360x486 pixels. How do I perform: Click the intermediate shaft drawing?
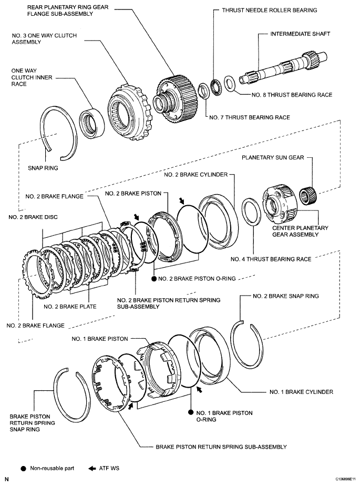point(279,68)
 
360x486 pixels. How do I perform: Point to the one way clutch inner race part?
point(92,119)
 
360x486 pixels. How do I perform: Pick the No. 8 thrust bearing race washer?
point(230,83)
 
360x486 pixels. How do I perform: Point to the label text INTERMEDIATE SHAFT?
point(300,34)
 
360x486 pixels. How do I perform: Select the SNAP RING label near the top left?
point(43,168)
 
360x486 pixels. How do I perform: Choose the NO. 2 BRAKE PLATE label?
point(70,306)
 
